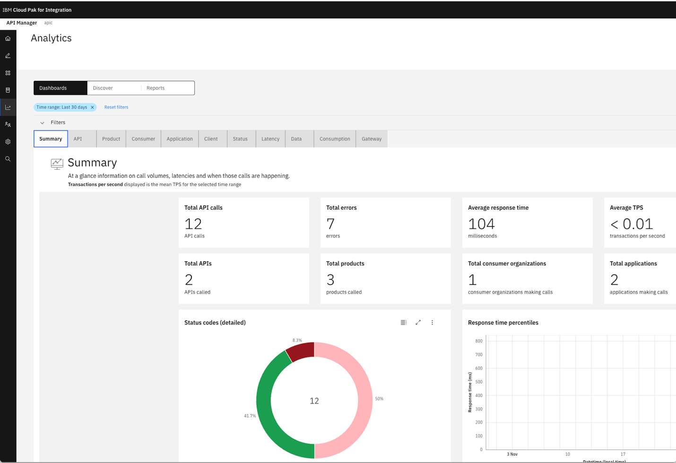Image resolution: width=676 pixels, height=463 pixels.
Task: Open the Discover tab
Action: coord(103,88)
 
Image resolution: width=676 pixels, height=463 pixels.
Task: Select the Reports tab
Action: coord(156,88)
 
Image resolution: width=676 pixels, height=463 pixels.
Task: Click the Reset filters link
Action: coord(116,107)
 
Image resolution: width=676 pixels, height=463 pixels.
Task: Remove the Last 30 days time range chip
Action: coord(93,107)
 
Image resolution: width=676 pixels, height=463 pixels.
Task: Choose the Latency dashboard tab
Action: coord(270,139)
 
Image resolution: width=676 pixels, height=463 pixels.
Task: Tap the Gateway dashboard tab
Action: coord(372,139)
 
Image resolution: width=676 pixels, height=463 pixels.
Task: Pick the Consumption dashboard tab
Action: coord(335,139)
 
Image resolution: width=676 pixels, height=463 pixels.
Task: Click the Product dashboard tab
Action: coord(111,139)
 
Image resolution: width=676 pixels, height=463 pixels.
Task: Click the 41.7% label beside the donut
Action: coord(250,416)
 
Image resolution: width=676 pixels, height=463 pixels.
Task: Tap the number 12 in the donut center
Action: coord(314,401)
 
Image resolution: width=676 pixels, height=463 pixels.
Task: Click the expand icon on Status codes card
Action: coord(418,323)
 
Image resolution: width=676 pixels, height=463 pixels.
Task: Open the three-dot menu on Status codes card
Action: coord(432,323)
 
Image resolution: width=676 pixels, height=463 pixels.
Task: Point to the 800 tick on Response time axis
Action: coord(479,341)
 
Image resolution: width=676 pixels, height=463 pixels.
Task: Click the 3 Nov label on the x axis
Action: coord(512,454)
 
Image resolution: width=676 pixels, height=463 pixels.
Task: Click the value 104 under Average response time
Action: coord(481,224)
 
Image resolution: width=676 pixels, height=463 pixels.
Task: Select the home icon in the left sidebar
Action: coord(8,39)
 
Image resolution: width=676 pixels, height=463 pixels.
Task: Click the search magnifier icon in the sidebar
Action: coord(8,159)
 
